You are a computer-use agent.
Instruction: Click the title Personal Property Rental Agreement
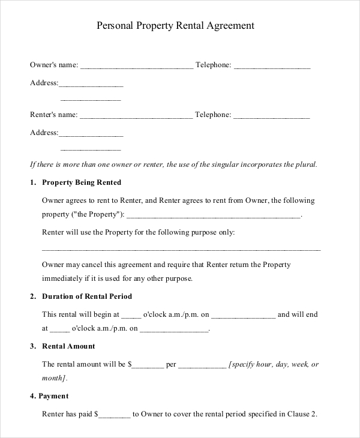pyautogui.click(x=176, y=26)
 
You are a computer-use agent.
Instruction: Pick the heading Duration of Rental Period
pyautogui.click(x=87, y=296)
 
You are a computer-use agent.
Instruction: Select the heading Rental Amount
pyautogui.click(x=68, y=346)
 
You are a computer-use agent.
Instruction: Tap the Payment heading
pyautogui.click(x=53, y=396)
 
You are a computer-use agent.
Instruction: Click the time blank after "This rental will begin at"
pyautogui.click(x=131, y=315)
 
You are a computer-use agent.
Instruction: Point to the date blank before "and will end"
pyautogui.click(x=244, y=315)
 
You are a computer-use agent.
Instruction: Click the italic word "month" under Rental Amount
pyautogui.click(x=53, y=378)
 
